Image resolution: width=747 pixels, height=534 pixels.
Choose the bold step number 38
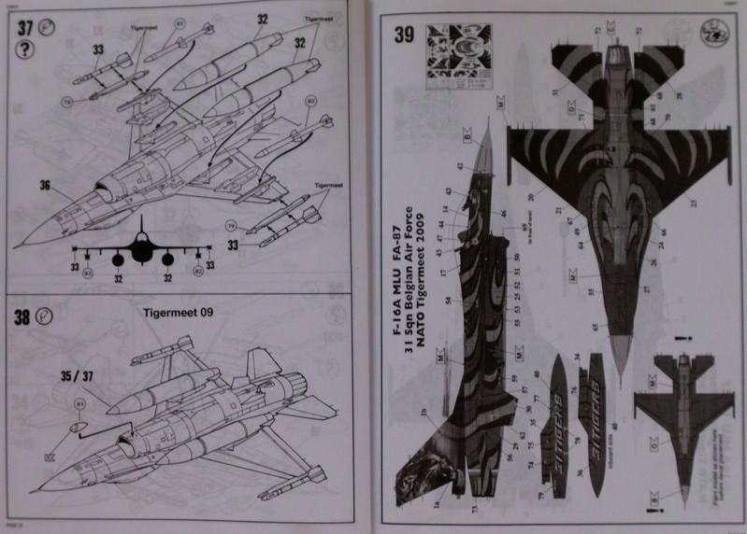[22, 317]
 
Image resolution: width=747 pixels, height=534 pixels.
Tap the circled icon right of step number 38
[44, 316]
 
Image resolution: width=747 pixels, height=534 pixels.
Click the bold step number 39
[404, 36]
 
